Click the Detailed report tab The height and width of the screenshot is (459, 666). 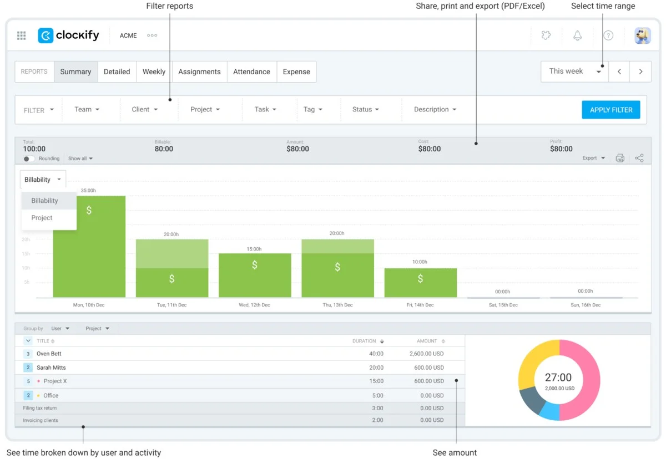tap(117, 72)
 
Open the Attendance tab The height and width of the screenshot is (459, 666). tap(251, 72)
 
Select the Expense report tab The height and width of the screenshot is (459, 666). tap(296, 72)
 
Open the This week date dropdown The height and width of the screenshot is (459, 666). tap(574, 72)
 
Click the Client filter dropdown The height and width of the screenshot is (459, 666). tap(145, 110)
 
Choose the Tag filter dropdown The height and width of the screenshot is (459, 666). tap(313, 110)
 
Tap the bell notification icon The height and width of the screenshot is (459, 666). tap(578, 35)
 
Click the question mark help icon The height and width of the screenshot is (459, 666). tap(608, 35)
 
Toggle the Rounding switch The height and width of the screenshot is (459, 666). tap(29, 159)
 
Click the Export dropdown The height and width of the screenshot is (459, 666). tap(593, 158)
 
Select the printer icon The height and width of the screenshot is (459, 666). tap(620, 158)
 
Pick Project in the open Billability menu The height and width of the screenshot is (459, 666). tap(42, 218)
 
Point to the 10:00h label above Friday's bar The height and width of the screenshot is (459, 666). tap(420, 262)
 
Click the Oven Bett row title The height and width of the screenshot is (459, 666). tap(49, 354)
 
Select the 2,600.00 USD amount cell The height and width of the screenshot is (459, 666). tap(426, 354)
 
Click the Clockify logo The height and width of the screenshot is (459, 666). tap(69, 35)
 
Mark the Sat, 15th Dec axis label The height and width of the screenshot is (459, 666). tap(503, 305)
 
